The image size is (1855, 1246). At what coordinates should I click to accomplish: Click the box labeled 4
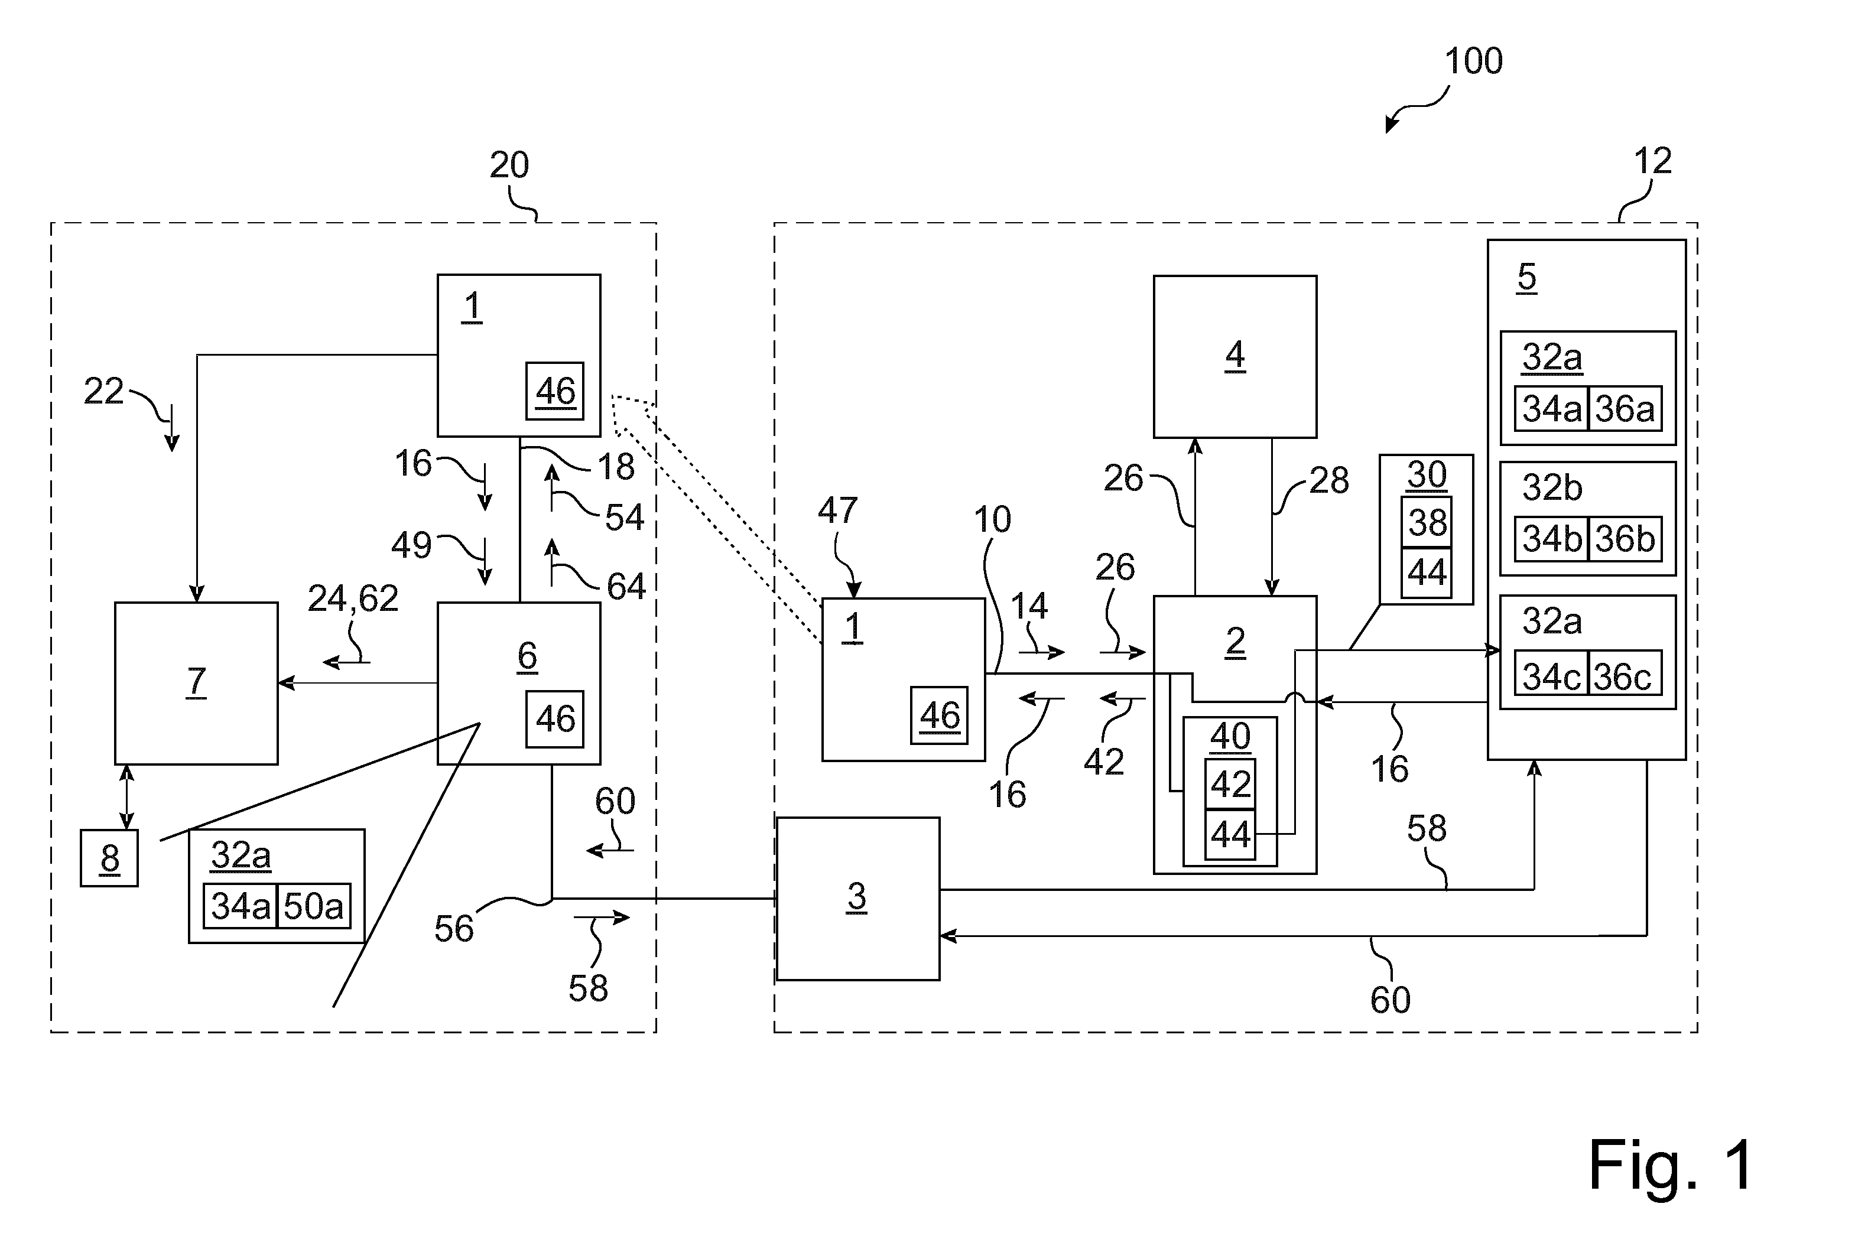point(1234,357)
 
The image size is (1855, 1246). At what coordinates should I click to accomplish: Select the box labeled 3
point(857,899)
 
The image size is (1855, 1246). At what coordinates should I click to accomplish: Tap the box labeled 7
point(196,684)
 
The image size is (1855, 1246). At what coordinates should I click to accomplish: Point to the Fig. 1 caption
point(1671,1165)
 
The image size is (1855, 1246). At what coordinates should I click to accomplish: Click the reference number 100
point(1473,61)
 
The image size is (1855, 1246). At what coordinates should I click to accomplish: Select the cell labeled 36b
point(1625,539)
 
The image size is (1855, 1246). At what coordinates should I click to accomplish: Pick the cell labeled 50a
point(313,906)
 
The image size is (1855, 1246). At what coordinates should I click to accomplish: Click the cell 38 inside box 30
point(1427,522)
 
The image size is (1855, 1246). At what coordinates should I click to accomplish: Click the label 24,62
point(353,598)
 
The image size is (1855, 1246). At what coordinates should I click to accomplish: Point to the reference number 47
point(838,510)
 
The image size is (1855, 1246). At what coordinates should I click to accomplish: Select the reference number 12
point(1652,161)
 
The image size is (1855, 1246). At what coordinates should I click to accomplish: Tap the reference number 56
point(454,928)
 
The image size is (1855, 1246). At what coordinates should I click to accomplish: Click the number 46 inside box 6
point(555,719)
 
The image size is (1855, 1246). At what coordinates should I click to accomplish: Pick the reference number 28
point(1329,481)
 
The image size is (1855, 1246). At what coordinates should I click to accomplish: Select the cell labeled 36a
point(1625,408)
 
